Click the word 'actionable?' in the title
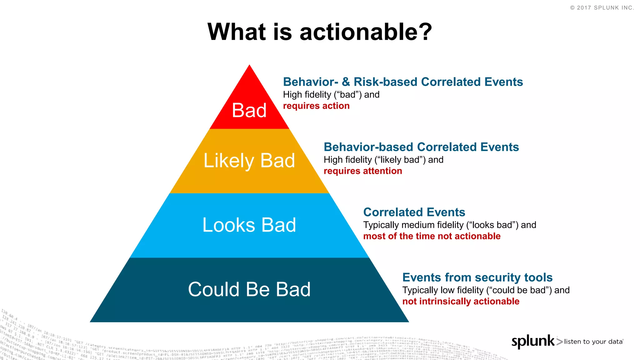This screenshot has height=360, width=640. (366, 32)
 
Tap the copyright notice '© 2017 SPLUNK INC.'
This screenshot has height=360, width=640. (602, 8)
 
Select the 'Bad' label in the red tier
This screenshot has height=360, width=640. (249, 110)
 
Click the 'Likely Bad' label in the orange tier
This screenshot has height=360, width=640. (249, 161)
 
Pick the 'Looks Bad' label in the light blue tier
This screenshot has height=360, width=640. (249, 225)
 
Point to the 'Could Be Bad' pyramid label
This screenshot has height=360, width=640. (249, 289)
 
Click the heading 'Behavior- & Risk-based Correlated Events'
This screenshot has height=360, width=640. (403, 82)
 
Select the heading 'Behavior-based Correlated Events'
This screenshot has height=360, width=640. (421, 147)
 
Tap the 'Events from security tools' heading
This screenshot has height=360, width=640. (477, 277)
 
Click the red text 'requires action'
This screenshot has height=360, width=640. (316, 106)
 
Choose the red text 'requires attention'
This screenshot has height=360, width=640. (362, 171)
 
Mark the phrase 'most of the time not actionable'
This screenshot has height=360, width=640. (432, 236)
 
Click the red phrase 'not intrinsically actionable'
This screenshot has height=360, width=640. (461, 302)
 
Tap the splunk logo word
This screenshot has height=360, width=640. (533, 341)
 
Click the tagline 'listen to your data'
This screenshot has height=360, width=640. (593, 342)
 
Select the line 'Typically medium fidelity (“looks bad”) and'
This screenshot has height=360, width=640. (449, 225)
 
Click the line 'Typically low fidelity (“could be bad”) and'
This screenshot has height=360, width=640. (486, 290)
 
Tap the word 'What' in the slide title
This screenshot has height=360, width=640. (237, 32)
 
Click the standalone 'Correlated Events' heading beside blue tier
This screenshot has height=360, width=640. (414, 212)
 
